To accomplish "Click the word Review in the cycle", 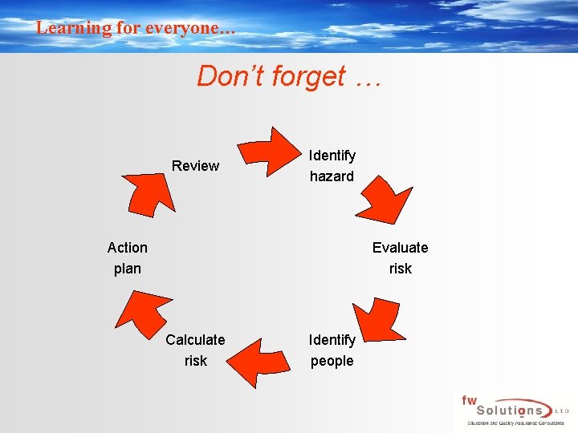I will coord(195,166).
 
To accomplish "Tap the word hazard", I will coord(332,176).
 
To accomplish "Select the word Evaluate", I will coord(400,248).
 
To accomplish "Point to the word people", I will coord(332,361).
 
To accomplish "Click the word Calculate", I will coord(195,340).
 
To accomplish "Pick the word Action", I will coord(128,248).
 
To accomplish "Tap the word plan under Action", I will coord(128,269).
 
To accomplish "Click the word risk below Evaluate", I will coord(400,269).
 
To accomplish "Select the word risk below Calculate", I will coord(195,361).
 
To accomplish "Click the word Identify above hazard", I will coord(332,156).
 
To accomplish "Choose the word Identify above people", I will coord(332,340).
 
